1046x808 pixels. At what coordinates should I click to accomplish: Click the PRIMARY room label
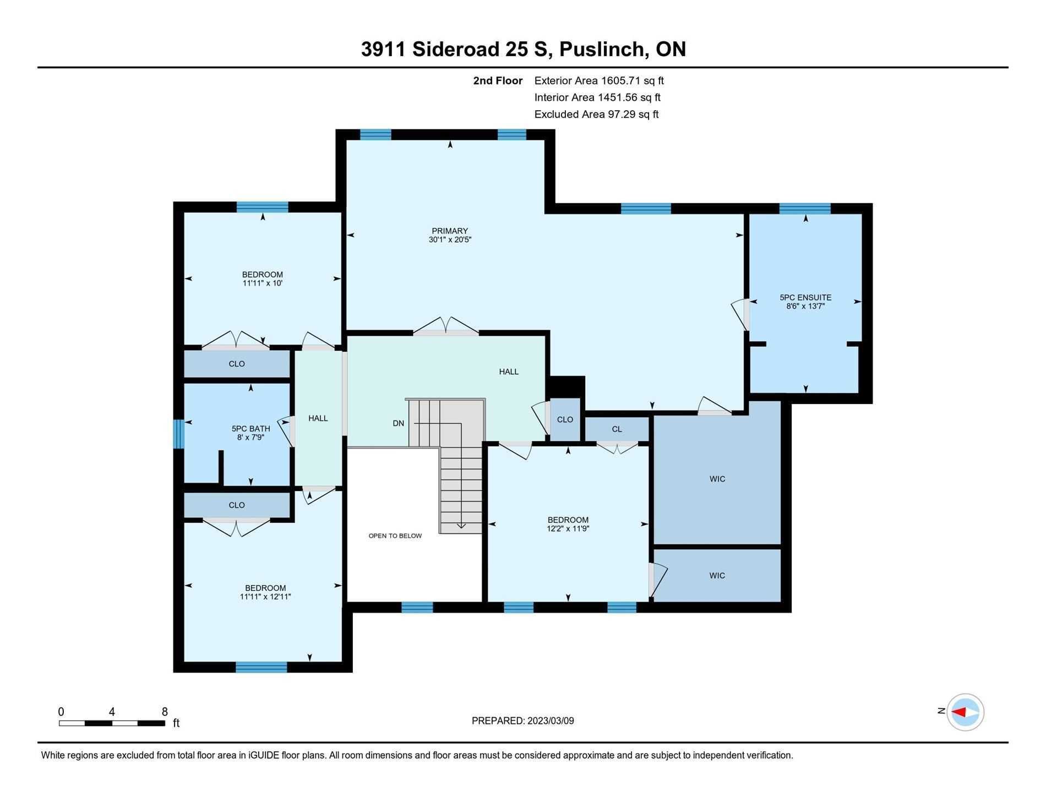tap(450, 231)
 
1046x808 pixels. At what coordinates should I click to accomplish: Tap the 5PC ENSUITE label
tap(805, 298)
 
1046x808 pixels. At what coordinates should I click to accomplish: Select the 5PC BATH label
tap(251, 429)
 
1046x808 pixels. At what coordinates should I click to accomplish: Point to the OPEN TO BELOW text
tap(395, 536)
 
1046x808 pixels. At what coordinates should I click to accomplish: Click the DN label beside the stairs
tap(399, 423)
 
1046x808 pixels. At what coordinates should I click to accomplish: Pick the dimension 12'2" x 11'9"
tap(568, 529)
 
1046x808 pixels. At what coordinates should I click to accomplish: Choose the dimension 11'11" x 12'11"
tap(265, 597)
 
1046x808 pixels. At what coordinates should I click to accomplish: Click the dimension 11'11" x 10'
tap(263, 283)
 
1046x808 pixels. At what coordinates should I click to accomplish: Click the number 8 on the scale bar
tap(165, 712)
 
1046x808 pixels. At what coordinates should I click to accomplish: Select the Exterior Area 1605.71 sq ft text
tap(599, 80)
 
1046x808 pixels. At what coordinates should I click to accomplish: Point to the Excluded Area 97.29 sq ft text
tap(596, 114)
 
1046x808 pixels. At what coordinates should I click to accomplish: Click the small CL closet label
tap(617, 429)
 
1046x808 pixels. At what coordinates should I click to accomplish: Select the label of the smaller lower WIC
tap(717, 576)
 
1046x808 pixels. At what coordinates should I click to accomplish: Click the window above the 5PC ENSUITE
tap(805, 209)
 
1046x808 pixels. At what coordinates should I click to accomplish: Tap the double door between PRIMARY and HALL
tap(446, 326)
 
